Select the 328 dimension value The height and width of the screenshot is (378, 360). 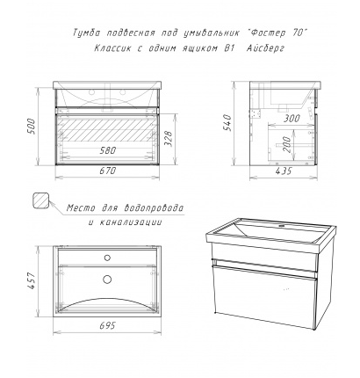point(169,139)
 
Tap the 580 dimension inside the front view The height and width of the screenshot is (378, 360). point(107,150)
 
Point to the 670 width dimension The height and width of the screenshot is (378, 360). point(107,171)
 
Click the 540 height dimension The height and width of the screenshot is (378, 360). point(227,122)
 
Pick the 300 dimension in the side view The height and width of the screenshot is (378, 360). point(292,119)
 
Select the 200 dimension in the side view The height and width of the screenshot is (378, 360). point(287,144)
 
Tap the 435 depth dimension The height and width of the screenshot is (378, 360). point(284,171)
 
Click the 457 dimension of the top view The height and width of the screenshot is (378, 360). point(32,280)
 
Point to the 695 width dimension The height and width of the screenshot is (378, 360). point(107,325)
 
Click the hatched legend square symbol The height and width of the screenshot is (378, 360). point(40,200)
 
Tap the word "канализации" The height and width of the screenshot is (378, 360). point(130,222)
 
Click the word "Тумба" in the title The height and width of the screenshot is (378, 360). point(86,33)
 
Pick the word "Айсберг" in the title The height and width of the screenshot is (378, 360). point(265,47)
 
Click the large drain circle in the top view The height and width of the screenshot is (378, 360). point(107,280)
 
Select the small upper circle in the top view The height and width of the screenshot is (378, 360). point(107,258)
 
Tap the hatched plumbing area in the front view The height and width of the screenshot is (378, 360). point(107,129)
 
